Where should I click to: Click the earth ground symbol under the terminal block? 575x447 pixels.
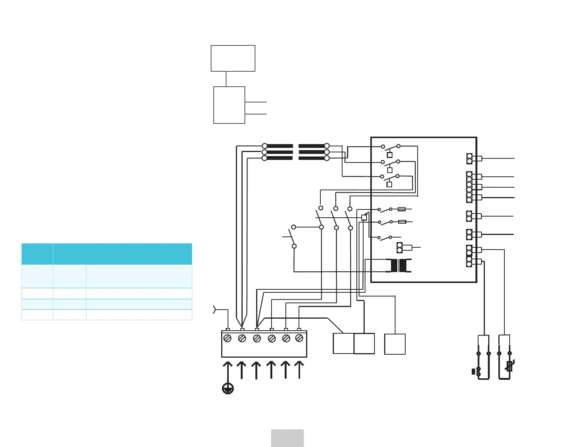point(228,388)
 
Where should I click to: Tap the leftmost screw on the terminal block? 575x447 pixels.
point(227,338)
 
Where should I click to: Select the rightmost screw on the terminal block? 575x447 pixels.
point(299,338)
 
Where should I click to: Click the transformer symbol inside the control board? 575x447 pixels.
point(398,266)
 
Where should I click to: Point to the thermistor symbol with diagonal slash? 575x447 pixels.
point(510,366)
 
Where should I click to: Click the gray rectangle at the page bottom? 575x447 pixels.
point(287,438)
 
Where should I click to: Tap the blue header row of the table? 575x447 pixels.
point(107,254)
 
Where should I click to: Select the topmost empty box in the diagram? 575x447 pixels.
point(233,58)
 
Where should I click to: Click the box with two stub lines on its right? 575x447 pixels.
point(229,105)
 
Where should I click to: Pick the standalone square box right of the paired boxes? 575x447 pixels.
point(395,344)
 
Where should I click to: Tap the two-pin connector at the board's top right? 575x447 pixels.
point(469,158)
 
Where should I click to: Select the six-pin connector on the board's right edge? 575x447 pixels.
point(469,187)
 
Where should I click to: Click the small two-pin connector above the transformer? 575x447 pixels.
point(400,248)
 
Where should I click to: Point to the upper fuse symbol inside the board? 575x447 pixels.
point(401,209)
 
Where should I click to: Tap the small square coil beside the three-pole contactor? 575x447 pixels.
point(364,217)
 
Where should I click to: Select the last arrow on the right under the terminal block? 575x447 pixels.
point(299,370)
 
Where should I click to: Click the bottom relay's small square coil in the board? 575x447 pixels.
point(389,184)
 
